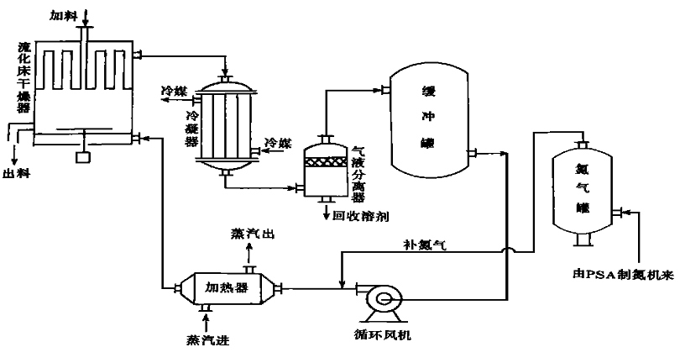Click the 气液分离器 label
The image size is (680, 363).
(x=358, y=172)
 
